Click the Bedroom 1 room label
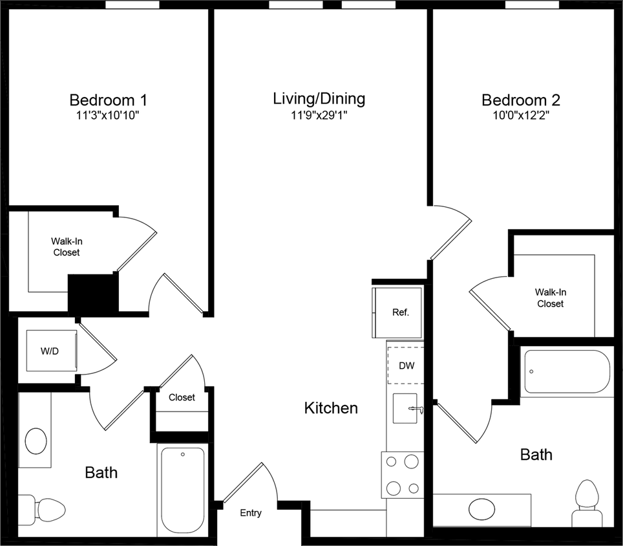[x=108, y=100]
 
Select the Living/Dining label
[x=319, y=98]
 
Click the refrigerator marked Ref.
[x=399, y=312]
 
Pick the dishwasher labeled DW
[x=405, y=366]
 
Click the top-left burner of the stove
[x=392, y=461]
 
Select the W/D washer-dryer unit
[x=50, y=352]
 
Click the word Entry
[x=251, y=513]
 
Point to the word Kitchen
[x=331, y=408]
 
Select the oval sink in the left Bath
[x=36, y=442]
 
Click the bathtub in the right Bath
[x=566, y=371]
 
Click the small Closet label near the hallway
[x=182, y=397]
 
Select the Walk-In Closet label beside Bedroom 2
[x=550, y=298]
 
